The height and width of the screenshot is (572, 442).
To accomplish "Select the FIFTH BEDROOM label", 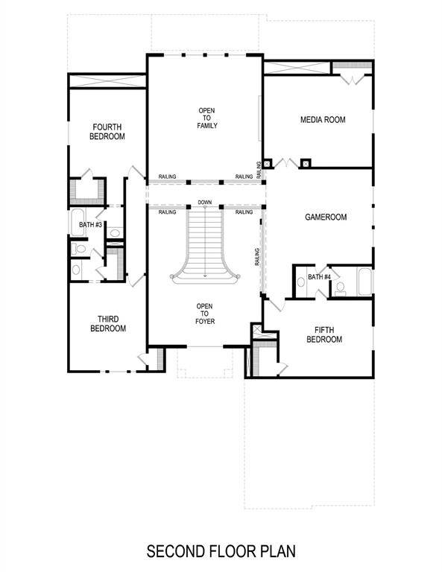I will pos(323,334).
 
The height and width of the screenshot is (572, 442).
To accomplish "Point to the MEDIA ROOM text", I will pos(323,120).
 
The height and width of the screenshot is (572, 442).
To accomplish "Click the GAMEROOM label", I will pos(326,217).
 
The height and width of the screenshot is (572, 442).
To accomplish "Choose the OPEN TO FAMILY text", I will pos(207,118).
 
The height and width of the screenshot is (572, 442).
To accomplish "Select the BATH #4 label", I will pos(319,277).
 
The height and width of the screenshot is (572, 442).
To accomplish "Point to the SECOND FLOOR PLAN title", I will pos(221,552).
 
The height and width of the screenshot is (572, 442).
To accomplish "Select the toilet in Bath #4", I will pos(340,287).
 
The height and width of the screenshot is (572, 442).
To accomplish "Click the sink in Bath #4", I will pos(300,282).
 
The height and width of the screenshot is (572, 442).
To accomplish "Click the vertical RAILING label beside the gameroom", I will pos(257,257).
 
